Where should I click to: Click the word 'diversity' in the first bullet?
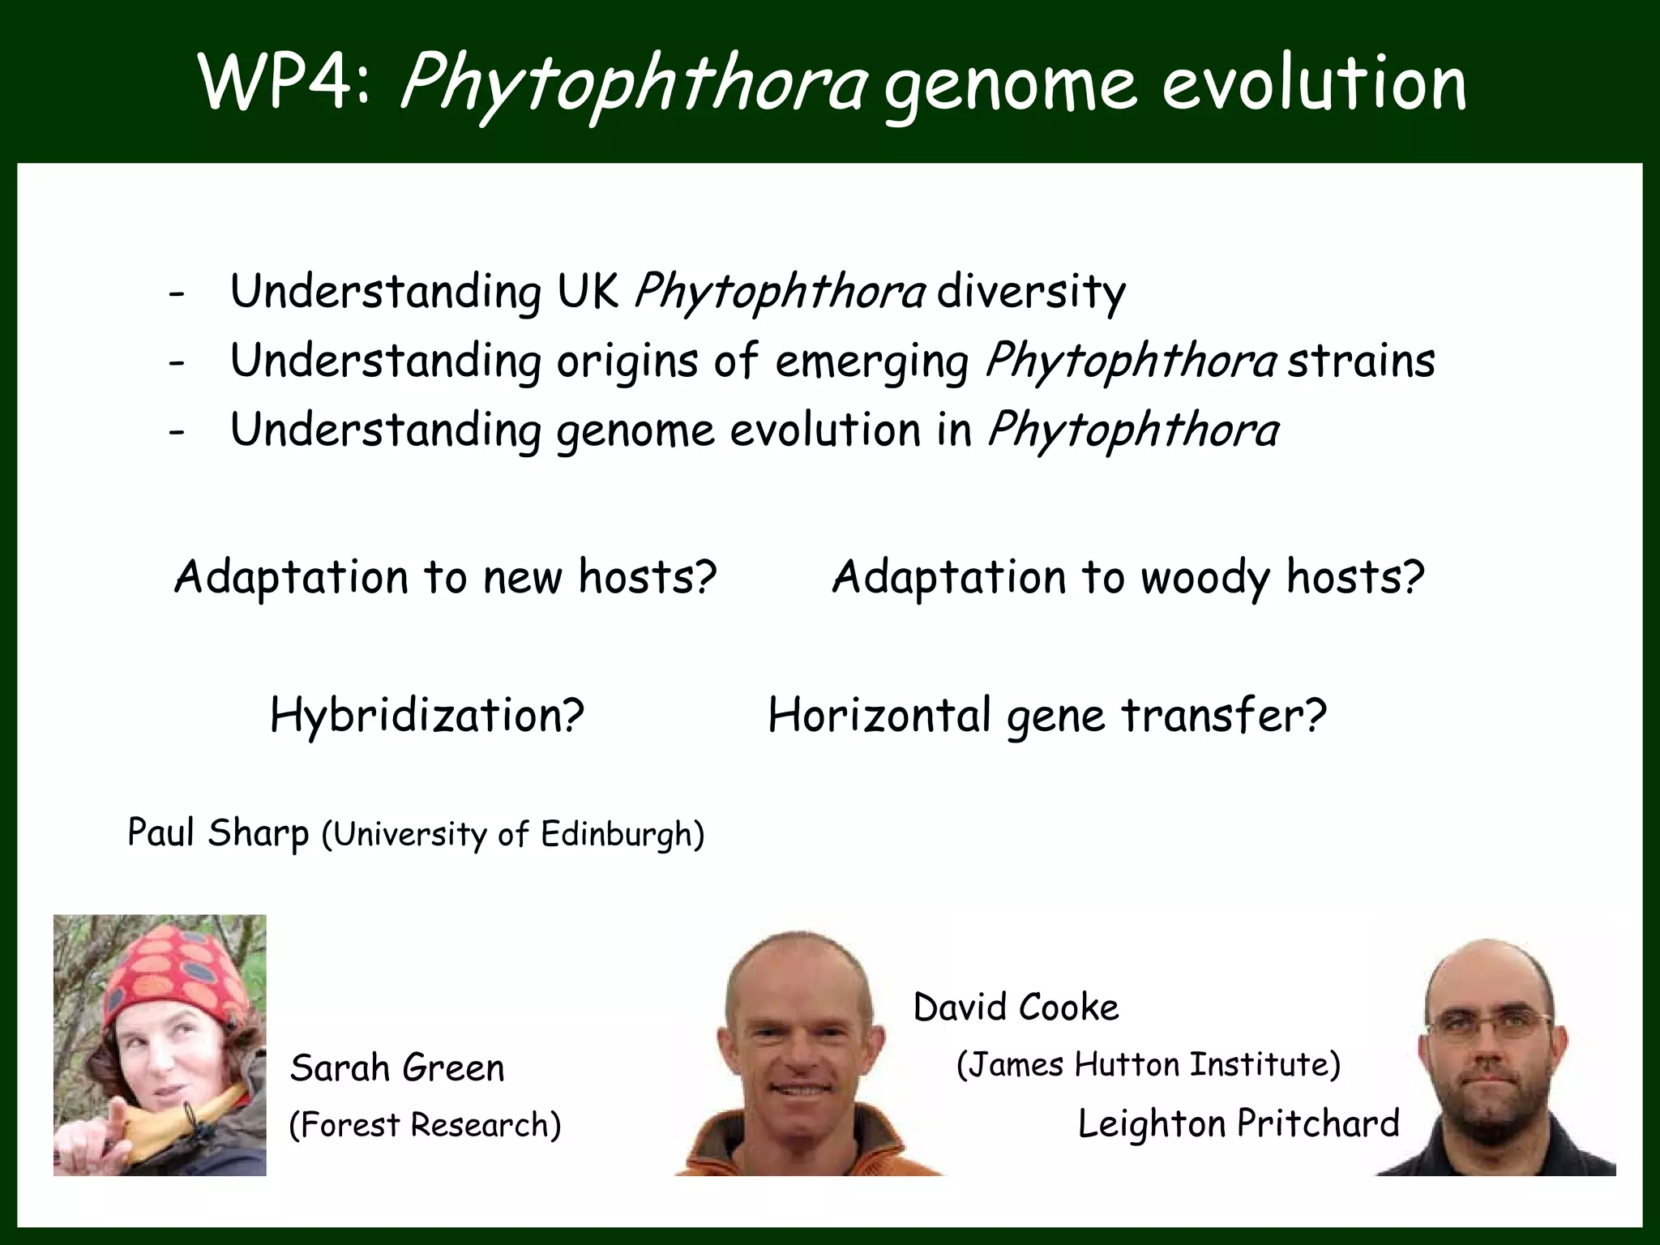click(1030, 292)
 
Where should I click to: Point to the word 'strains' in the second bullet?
click(1361, 361)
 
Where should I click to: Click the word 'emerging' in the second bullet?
click(871, 362)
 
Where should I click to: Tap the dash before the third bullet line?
click(177, 432)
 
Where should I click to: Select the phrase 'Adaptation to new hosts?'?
click(446, 577)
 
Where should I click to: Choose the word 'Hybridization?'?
click(427, 716)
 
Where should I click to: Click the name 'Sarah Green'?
click(397, 1068)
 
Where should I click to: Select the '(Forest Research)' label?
click(425, 1125)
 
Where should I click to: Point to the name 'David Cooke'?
click(1016, 1008)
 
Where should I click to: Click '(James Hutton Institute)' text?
click(1149, 1064)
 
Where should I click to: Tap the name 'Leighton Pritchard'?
click(1239, 1123)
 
